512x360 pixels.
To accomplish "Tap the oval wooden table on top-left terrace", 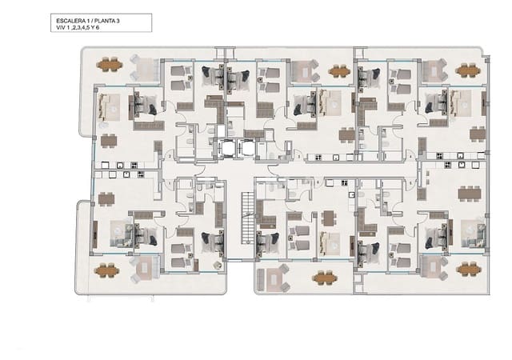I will [110, 64].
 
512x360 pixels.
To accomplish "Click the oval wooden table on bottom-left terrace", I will [108, 270].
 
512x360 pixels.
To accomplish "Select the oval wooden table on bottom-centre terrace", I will [325, 278].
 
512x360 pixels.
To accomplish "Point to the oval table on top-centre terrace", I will [339, 70].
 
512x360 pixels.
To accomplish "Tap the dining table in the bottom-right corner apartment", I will [468, 193].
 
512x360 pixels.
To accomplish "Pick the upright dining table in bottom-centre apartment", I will [328, 218].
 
